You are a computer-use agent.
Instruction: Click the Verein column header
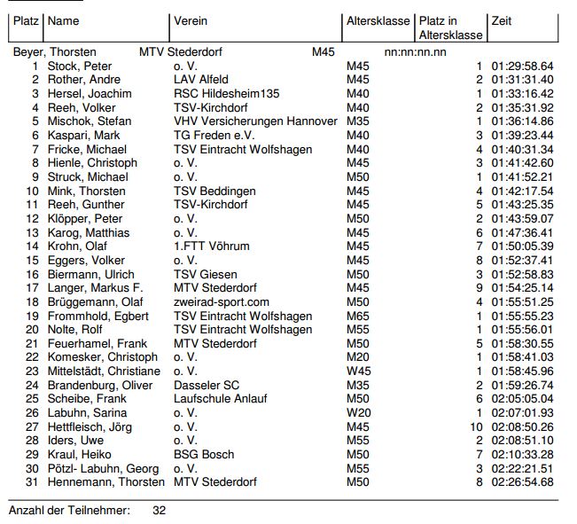[x=191, y=21]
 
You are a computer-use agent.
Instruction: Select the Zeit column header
[x=502, y=21]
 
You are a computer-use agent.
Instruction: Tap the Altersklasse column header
[x=378, y=21]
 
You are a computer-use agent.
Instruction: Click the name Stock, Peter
[x=79, y=66]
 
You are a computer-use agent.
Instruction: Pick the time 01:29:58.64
[x=522, y=66]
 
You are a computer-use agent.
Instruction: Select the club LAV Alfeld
[x=201, y=80]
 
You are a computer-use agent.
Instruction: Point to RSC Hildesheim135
[x=227, y=94]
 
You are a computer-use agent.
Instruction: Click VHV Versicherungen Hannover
[x=255, y=121]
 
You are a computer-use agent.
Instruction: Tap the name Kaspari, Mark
[x=82, y=136]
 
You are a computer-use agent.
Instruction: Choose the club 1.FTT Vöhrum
[x=211, y=246]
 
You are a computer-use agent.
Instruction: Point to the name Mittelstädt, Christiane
[x=104, y=371]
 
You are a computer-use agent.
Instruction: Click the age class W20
[x=358, y=412]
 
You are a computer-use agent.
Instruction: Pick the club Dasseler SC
[x=207, y=385]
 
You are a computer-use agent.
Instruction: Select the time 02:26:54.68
[x=522, y=481]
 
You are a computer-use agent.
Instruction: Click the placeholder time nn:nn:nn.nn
[x=416, y=52]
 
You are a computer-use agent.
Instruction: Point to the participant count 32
[x=159, y=511]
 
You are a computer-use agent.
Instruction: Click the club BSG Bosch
[x=204, y=454]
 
